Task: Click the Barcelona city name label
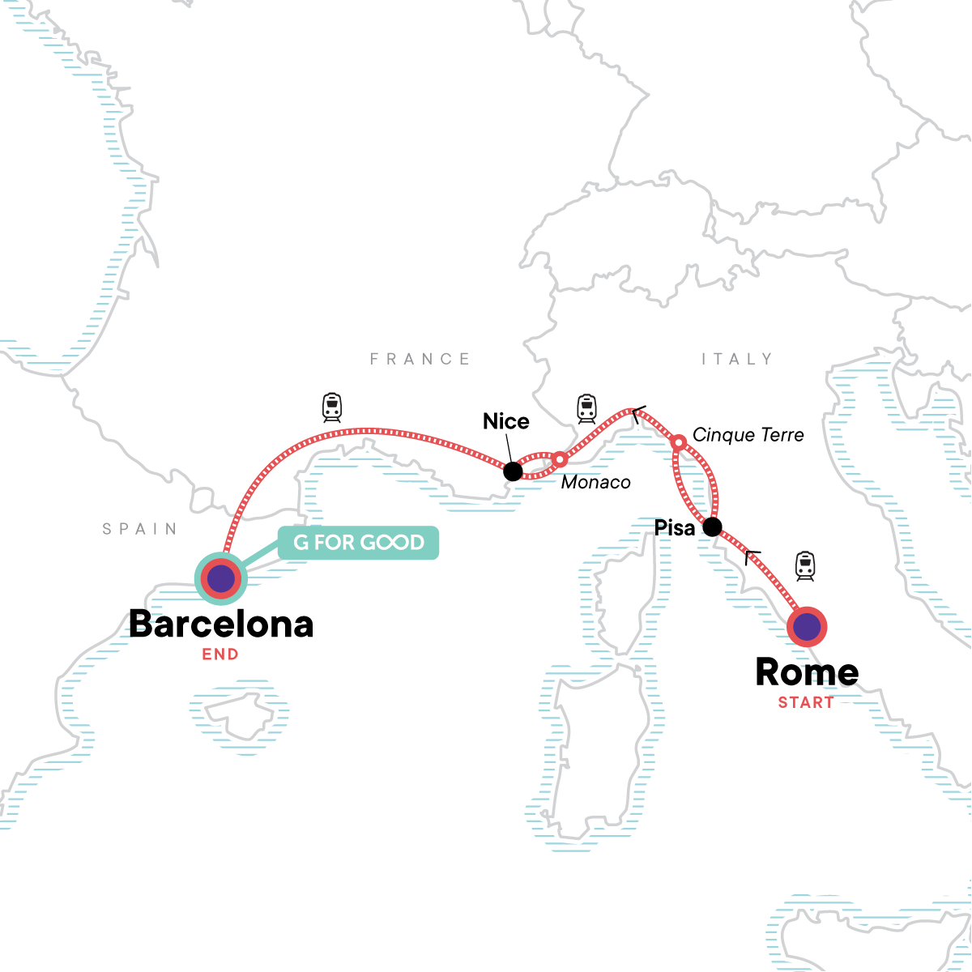(x=221, y=624)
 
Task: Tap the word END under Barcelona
(x=220, y=654)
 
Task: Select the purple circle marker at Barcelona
(x=221, y=578)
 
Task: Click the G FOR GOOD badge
(x=358, y=543)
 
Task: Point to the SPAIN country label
(x=140, y=529)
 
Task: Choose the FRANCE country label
(x=420, y=359)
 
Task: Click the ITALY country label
(x=737, y=359)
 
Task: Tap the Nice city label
(x=505, y=421)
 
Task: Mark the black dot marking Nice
(x=512, y=471)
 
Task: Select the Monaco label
(x=595, y=482)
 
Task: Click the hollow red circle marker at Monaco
(x=559, y=459)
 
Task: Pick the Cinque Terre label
(x=748, y=435)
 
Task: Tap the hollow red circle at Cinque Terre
(x=679, y=442)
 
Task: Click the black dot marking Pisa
(x=711, y=527)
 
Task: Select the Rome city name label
(x=807, y=671)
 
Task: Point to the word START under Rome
(x=805, y=702)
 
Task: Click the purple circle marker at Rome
(x=807, y=626)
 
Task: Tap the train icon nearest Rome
(x=804, y=565)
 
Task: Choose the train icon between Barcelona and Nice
(x=332, y=407)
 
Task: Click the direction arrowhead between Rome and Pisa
(x=752, y=556)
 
